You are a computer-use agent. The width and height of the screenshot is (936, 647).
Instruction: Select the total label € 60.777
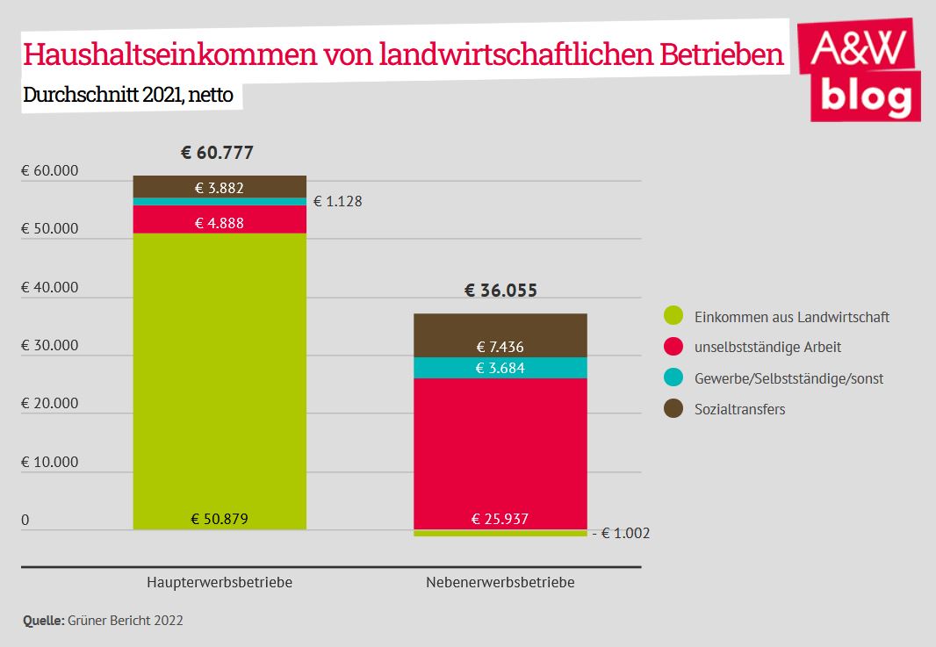point(217,153)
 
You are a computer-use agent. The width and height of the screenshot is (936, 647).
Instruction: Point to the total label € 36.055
point(500,291)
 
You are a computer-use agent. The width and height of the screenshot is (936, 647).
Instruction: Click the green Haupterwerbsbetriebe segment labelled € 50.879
point(220,395)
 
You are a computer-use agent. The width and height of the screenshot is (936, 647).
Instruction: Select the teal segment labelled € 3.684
point(500,368)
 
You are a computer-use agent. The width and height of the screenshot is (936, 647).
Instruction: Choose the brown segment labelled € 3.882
point(220,186)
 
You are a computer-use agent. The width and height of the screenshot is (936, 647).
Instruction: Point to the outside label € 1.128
point(338,201)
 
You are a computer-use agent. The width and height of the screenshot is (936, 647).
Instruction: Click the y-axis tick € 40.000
point(50,287)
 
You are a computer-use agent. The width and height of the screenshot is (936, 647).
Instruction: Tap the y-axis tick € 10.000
point(50,462)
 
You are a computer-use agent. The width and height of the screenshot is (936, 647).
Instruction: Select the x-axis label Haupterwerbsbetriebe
point(220,583)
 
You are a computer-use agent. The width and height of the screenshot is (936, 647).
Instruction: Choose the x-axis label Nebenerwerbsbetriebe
point(500,583)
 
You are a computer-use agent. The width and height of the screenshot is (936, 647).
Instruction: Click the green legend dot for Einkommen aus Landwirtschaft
point(673,316)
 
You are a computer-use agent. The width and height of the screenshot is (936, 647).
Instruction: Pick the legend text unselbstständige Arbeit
point(767,347)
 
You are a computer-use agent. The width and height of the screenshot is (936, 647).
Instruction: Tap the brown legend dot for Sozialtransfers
point(673,409)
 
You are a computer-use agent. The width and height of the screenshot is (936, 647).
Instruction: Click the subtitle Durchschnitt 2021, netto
point(128,95)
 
